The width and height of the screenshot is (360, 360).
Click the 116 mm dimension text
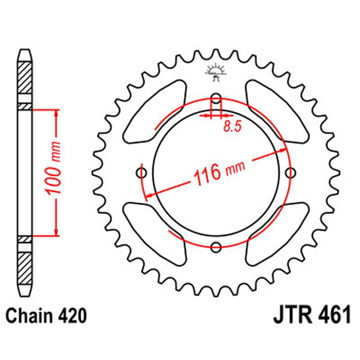pyautogui.click(x=219, y=171)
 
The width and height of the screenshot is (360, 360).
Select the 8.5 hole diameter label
pyautogui.click(x=232, y=126)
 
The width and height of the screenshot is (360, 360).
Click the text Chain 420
pyautogui.click(x=46, y=316)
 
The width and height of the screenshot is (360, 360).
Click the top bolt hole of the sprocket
pyautogui.click(x=216, y=99)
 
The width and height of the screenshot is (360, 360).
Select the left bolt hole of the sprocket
pyautogui.click(x=143, y=172)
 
